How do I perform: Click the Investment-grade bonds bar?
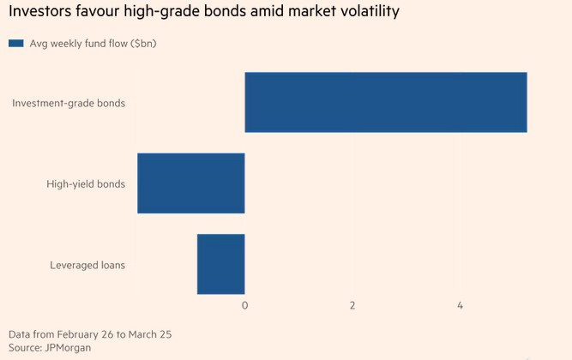point(385,103)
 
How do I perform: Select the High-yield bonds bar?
point(191,183)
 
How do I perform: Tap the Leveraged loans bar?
point(221,264)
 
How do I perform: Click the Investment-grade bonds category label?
point(69,103)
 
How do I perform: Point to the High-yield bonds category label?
point(86,183)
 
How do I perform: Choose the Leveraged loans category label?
point(87,265)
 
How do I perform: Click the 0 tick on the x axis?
point(244,306)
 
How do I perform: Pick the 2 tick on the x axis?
point(352,306)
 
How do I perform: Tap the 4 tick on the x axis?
point(460,306)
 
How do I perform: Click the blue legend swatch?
point(15,43)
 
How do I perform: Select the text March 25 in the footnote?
point(158,333)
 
